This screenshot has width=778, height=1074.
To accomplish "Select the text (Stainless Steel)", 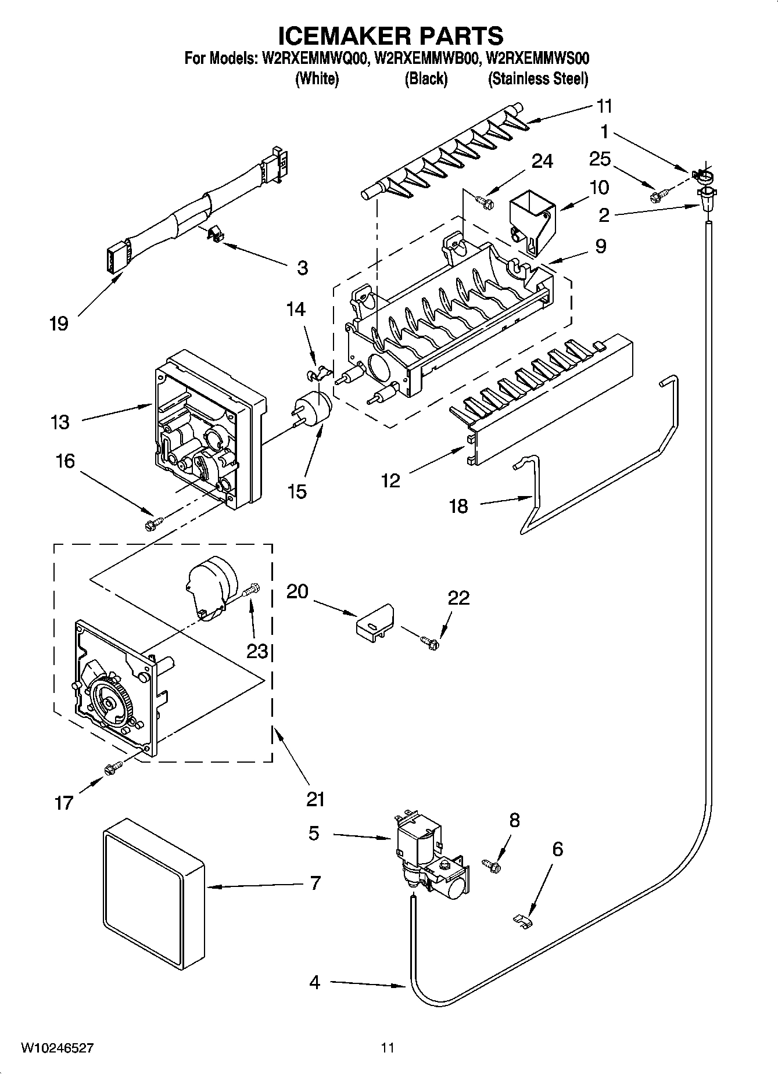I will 537,79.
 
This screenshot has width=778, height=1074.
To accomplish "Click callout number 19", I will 59,324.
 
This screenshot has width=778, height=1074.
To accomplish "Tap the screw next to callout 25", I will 661,193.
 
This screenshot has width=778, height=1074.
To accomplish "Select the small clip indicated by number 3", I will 214,234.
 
